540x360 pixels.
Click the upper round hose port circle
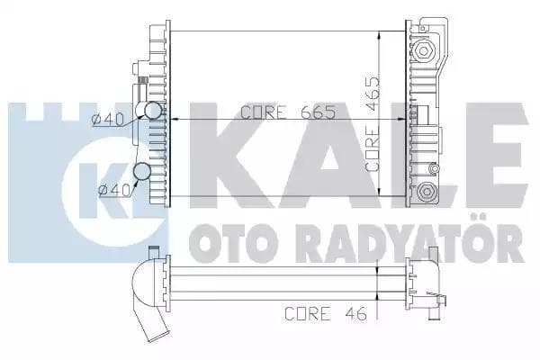(x=153, y=111)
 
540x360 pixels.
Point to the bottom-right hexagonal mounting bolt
(x=426, y=190)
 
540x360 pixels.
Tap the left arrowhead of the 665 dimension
(x=175, y=119)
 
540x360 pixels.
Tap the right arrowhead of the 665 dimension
(x=405, y=119)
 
